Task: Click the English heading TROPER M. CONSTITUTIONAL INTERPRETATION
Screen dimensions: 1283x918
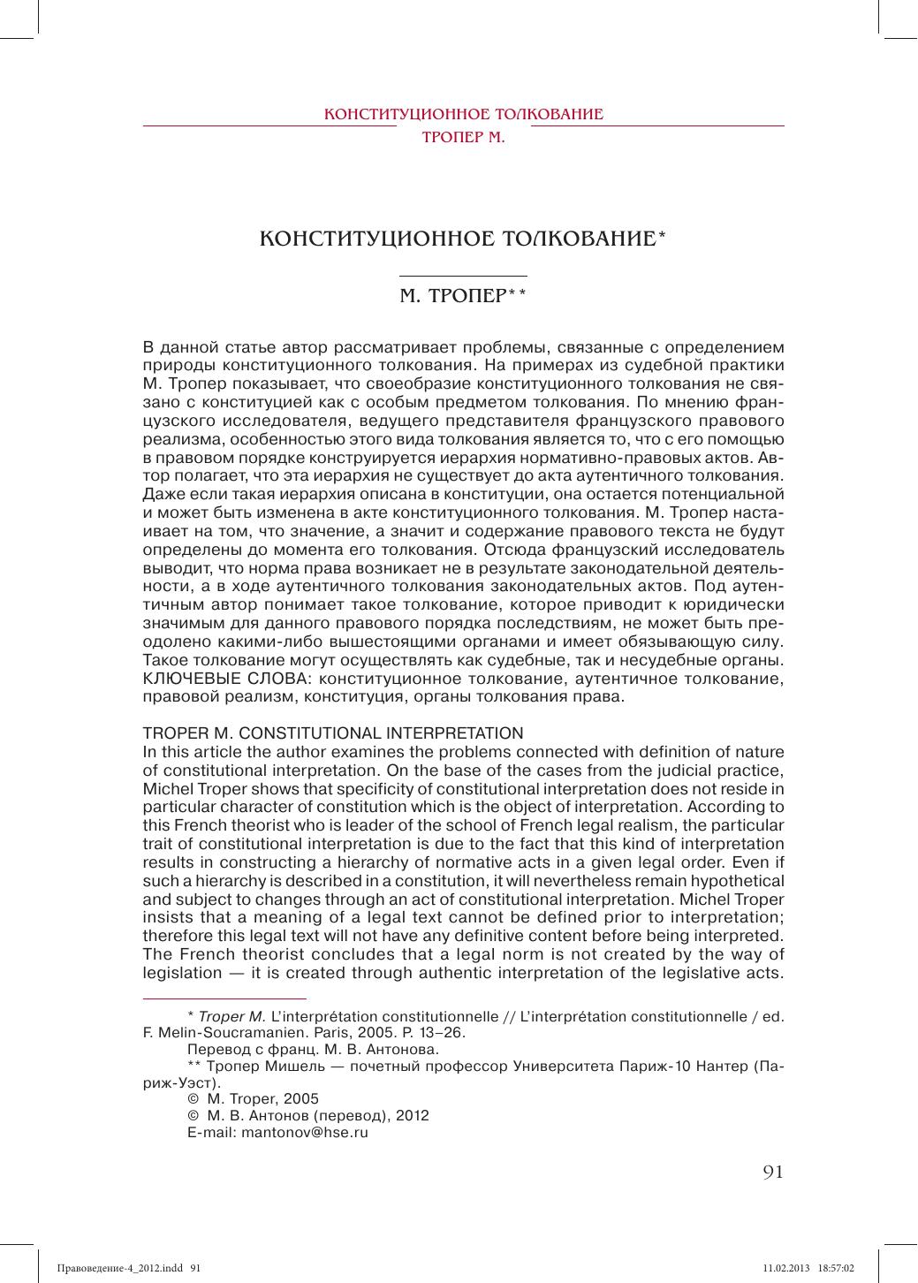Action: coord(333,733)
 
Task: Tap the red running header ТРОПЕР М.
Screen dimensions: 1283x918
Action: coord(464,139)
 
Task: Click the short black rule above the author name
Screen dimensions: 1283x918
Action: coord(464,277)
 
